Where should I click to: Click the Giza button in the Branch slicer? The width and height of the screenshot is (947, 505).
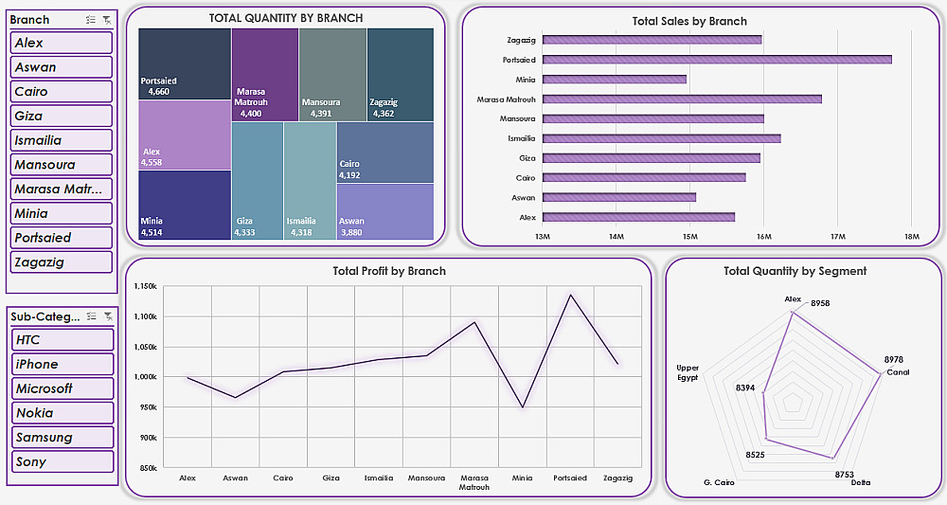click(62, 116)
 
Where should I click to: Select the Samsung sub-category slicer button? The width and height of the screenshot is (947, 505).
click(62, 437)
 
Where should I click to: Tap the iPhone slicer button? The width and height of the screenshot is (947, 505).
click(62, 364)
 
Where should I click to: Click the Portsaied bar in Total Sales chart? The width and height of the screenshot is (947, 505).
click(717, 60)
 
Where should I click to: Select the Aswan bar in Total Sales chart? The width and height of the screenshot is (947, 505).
click(619, 197)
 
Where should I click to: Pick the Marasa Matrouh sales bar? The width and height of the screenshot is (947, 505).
click(682, 99)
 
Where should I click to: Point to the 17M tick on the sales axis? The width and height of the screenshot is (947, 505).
click(837, 236)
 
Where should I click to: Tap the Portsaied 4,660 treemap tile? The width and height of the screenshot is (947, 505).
click(185, 63)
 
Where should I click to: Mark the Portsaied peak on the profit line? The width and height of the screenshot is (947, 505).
click(570, 295)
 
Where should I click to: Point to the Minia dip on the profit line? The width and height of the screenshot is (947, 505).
click(522, 407)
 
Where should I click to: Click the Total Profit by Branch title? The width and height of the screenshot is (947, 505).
click(389, 271)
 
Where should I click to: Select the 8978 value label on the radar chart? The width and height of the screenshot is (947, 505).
click(893, 359)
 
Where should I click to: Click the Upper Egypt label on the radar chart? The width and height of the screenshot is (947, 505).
click(688, 372)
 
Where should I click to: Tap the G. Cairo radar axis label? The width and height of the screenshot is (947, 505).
click(719, 482)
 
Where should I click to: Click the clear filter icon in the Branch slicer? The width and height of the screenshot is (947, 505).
click(107, 20)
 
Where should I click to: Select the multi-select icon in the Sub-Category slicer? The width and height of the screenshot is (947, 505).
click(91, 316)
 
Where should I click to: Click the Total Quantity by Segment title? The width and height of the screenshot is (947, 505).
click(795, 271)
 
